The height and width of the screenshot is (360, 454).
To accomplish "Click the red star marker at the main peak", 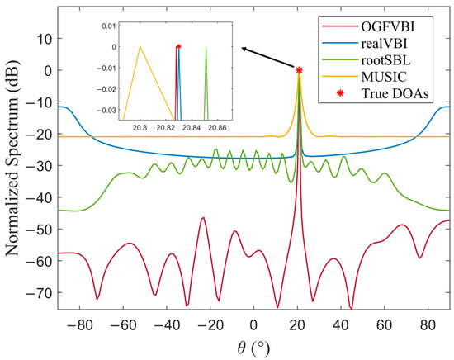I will pos(299,71).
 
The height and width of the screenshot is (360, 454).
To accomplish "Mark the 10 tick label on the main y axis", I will pos(41,38).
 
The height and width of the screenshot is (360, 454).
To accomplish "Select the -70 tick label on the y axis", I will pos(38,293).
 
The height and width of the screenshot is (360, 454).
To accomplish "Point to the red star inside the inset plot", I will pos(178,47).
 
